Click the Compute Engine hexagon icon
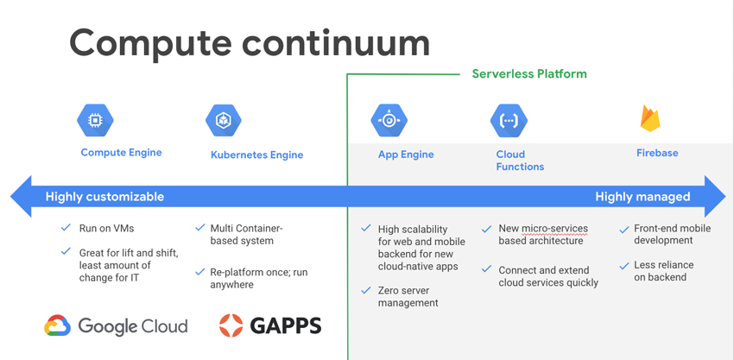tap(95, 120)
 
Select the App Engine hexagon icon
tap(389, 120)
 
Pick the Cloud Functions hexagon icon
tap(509, 120)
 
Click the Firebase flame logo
tap(649, 118)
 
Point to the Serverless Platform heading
tap(529, 74)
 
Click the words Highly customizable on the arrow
tap(104, 197)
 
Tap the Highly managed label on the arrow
tap(642, 197)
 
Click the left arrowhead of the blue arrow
tap(21, 197)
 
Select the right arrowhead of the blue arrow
tap(715, 197)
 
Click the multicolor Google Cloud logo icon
tap(58, 325)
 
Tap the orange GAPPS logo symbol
tap(231, 325)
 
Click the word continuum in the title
tap(336, 43)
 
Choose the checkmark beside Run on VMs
tap(66, 228)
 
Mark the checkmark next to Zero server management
tap(366, 291)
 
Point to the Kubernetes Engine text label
tap(257, 155)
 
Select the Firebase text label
tap(657, 153)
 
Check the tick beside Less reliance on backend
tap(624, 266)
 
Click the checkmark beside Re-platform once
tap(200, 272)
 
